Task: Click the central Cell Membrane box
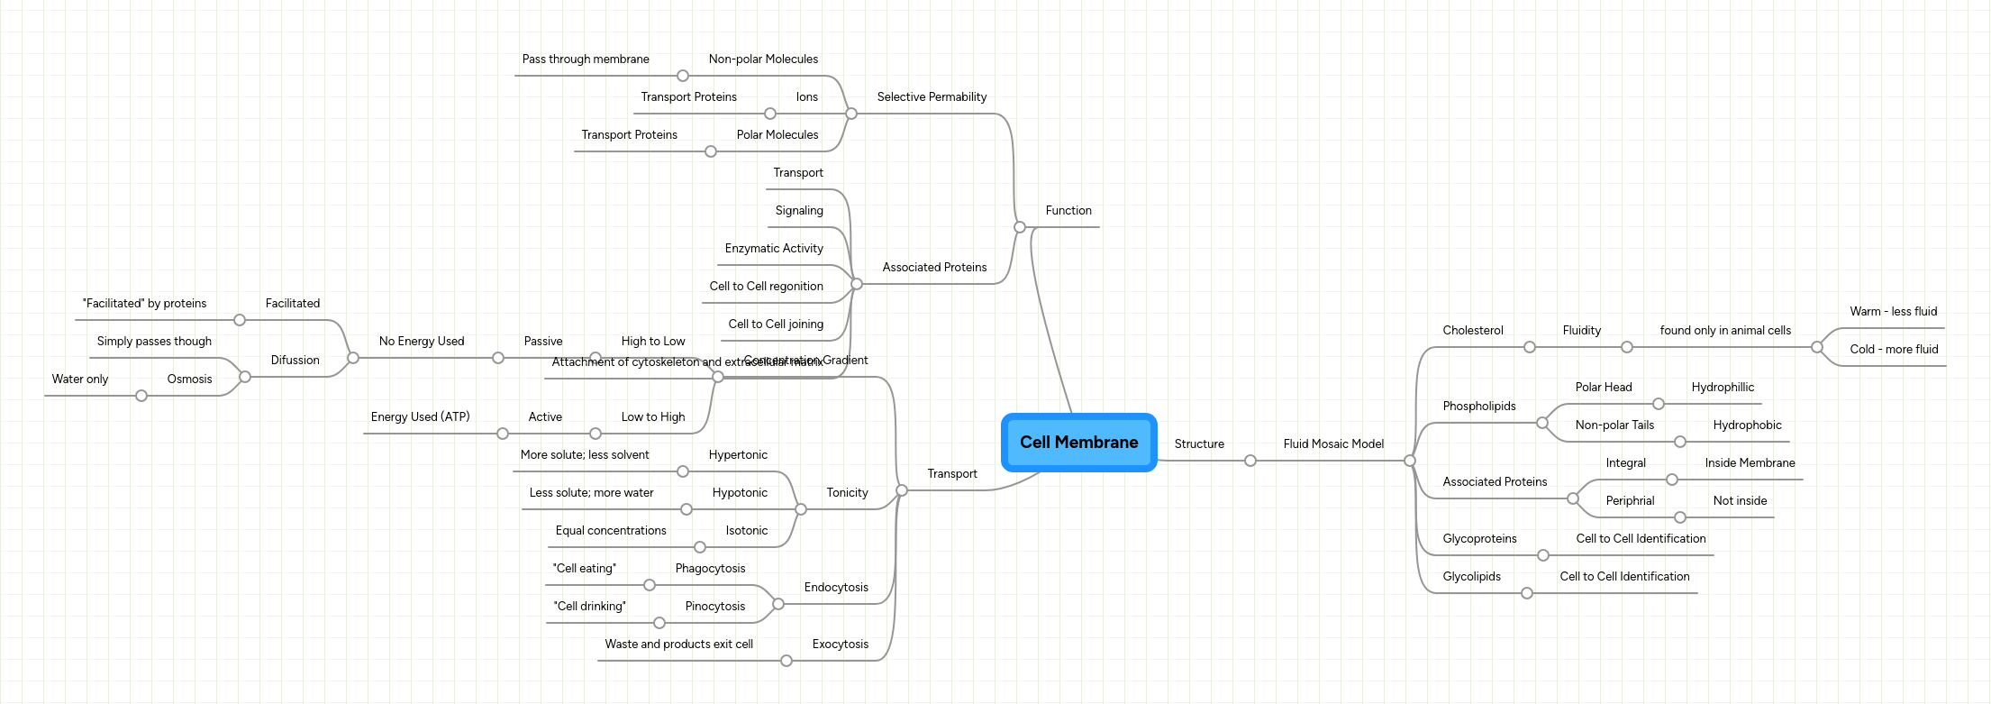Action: [1078, 442]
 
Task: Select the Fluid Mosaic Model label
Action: [1333, 443]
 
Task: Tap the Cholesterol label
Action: [1472, 330]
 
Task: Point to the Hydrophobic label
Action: [1747, 425]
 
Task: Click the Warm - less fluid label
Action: [1893, 311]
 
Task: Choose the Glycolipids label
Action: [1471, 576]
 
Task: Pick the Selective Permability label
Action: [932, 96]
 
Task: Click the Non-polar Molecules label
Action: [763, 59]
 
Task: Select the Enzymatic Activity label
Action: [774, 248]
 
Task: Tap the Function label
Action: [1068, 210]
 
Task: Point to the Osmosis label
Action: [189, 379]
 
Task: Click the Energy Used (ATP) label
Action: [420, 416]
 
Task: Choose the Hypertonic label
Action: [738, 454]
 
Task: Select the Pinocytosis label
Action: [714, 606]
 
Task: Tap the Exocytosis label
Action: [840, 644]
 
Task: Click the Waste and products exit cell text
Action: [678, 644]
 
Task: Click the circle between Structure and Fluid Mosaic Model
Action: [1250, 461]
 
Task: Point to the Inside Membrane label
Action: [1750, 462]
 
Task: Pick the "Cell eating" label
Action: [584, 568]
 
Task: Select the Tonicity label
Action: [847, 492]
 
